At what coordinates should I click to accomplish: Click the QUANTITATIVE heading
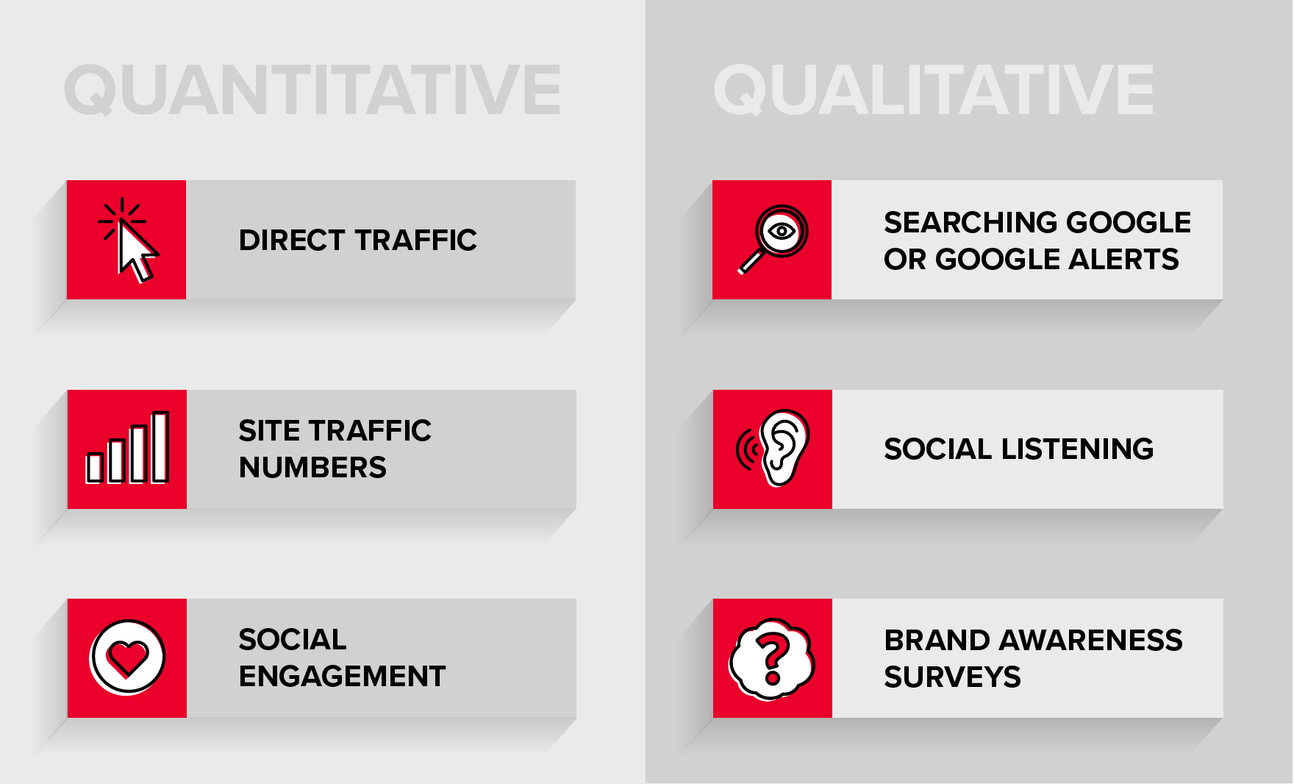click(312, 90)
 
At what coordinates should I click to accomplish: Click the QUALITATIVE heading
click(934, 90)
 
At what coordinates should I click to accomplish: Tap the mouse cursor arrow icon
click(137, 252)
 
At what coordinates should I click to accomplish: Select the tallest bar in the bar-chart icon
click(160, 446)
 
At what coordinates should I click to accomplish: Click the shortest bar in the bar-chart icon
click(94, 467)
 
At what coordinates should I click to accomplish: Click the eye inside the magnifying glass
click(781, 231)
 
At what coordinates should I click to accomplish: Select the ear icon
click(784, 447)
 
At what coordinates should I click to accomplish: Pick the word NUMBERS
click(313, 468)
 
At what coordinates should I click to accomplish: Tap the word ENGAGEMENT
click(343, 677)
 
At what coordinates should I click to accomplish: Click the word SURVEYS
click(953, 677)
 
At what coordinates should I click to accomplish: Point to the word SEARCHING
click(970, 223)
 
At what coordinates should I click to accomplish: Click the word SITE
click(269, 431)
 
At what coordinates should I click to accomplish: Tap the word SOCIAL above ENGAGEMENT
click(293, 640)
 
